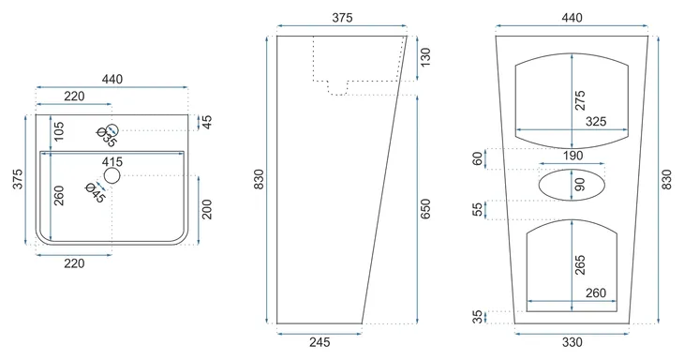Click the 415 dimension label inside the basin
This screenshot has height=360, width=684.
[x=112, y=162]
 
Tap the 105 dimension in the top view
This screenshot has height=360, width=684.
[x=58, y=131]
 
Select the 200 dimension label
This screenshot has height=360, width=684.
[x=207, y=209]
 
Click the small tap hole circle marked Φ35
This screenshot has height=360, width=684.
[x=112, y=130]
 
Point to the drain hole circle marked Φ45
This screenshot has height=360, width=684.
[x=112, y=175]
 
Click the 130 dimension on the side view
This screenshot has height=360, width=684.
[x=424, y=57]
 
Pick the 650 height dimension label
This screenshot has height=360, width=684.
[x=424, y=208]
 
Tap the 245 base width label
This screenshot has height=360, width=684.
[x=320, y=342]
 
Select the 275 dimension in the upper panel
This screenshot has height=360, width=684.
[x=580, y=100]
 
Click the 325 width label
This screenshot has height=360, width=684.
[x=596, y=121]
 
